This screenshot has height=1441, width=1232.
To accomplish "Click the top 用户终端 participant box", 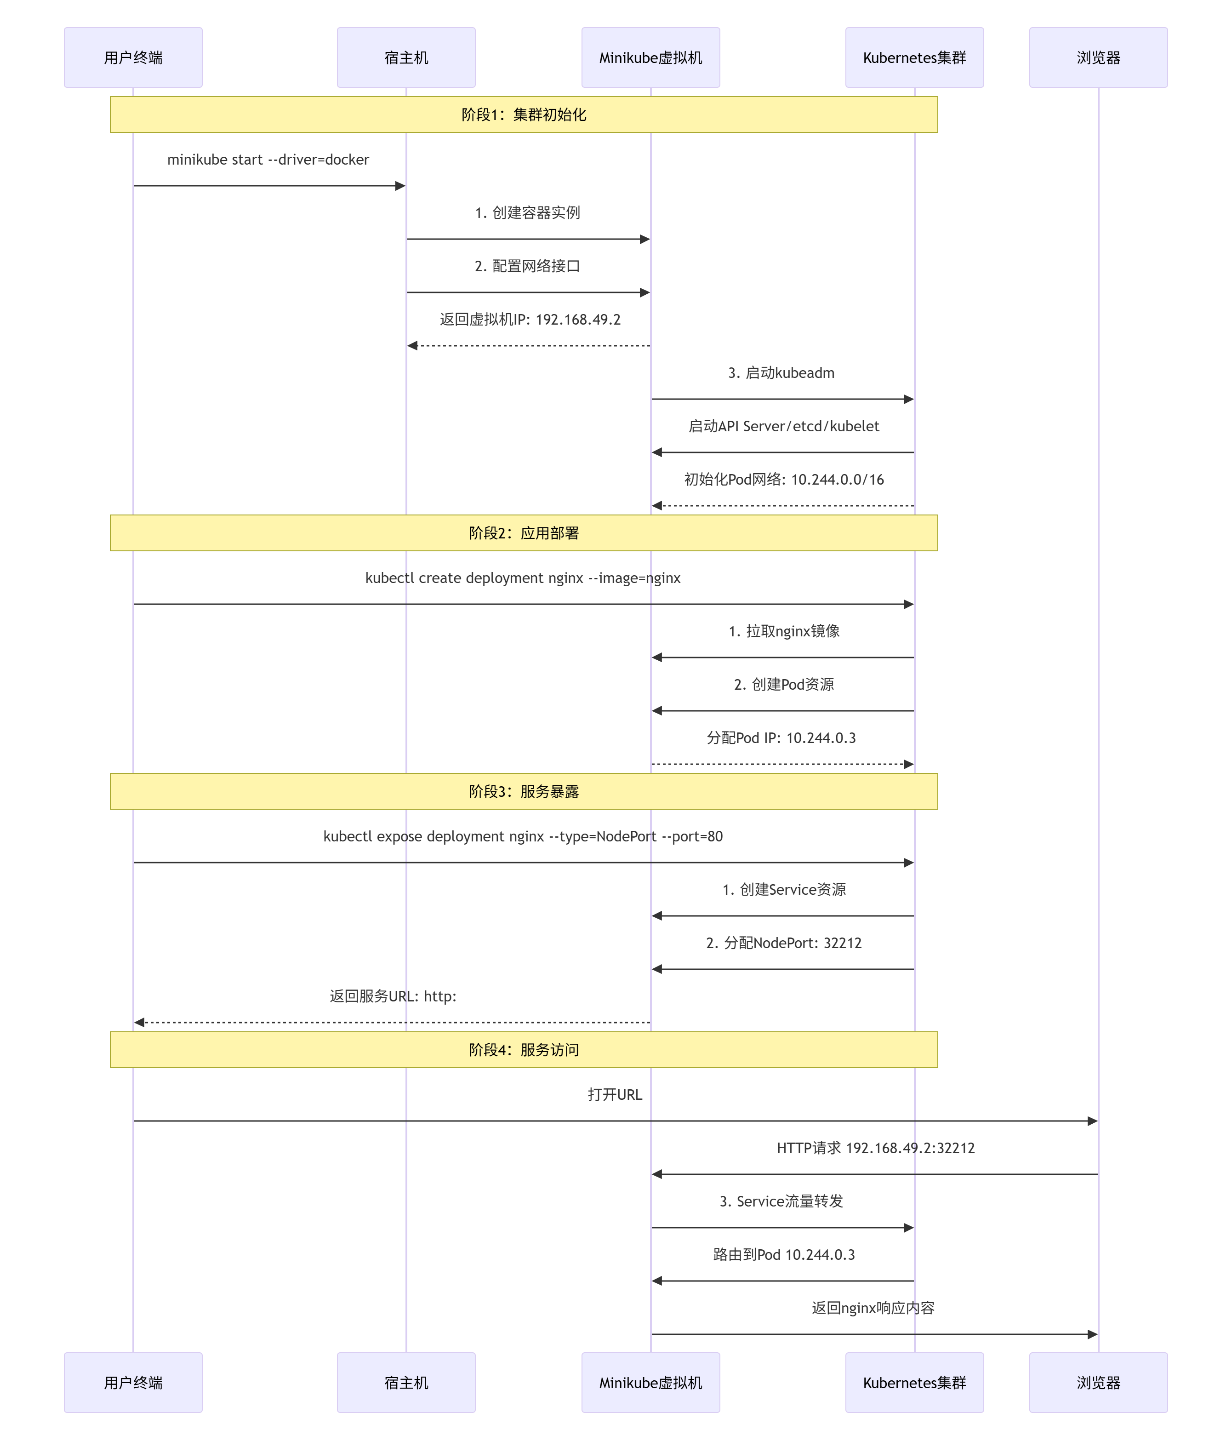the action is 133,58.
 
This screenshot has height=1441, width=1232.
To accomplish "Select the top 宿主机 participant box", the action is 406,58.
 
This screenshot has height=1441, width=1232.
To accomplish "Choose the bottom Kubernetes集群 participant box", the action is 914,1383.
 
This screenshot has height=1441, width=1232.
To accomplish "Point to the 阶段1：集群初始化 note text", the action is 524,115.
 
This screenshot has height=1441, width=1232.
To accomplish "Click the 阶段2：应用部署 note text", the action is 524,533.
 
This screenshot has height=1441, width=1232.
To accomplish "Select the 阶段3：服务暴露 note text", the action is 524,791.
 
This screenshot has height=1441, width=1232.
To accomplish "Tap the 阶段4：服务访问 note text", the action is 524,1050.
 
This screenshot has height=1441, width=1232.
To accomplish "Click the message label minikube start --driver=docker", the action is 268,160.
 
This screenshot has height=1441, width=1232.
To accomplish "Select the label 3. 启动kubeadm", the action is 781,373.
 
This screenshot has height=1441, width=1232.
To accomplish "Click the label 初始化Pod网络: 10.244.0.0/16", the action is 784,480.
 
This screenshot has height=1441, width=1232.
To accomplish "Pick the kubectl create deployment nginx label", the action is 523,578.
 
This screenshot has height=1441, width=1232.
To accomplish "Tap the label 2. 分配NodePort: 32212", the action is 784,944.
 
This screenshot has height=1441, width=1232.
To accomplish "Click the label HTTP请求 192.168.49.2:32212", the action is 876,1148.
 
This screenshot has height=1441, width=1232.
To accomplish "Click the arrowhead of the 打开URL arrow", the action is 1092,1121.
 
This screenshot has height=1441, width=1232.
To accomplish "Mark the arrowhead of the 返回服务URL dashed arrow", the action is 139,1022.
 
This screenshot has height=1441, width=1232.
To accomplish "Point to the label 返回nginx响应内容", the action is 873,1308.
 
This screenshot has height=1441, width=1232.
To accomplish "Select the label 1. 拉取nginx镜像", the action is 784,631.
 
